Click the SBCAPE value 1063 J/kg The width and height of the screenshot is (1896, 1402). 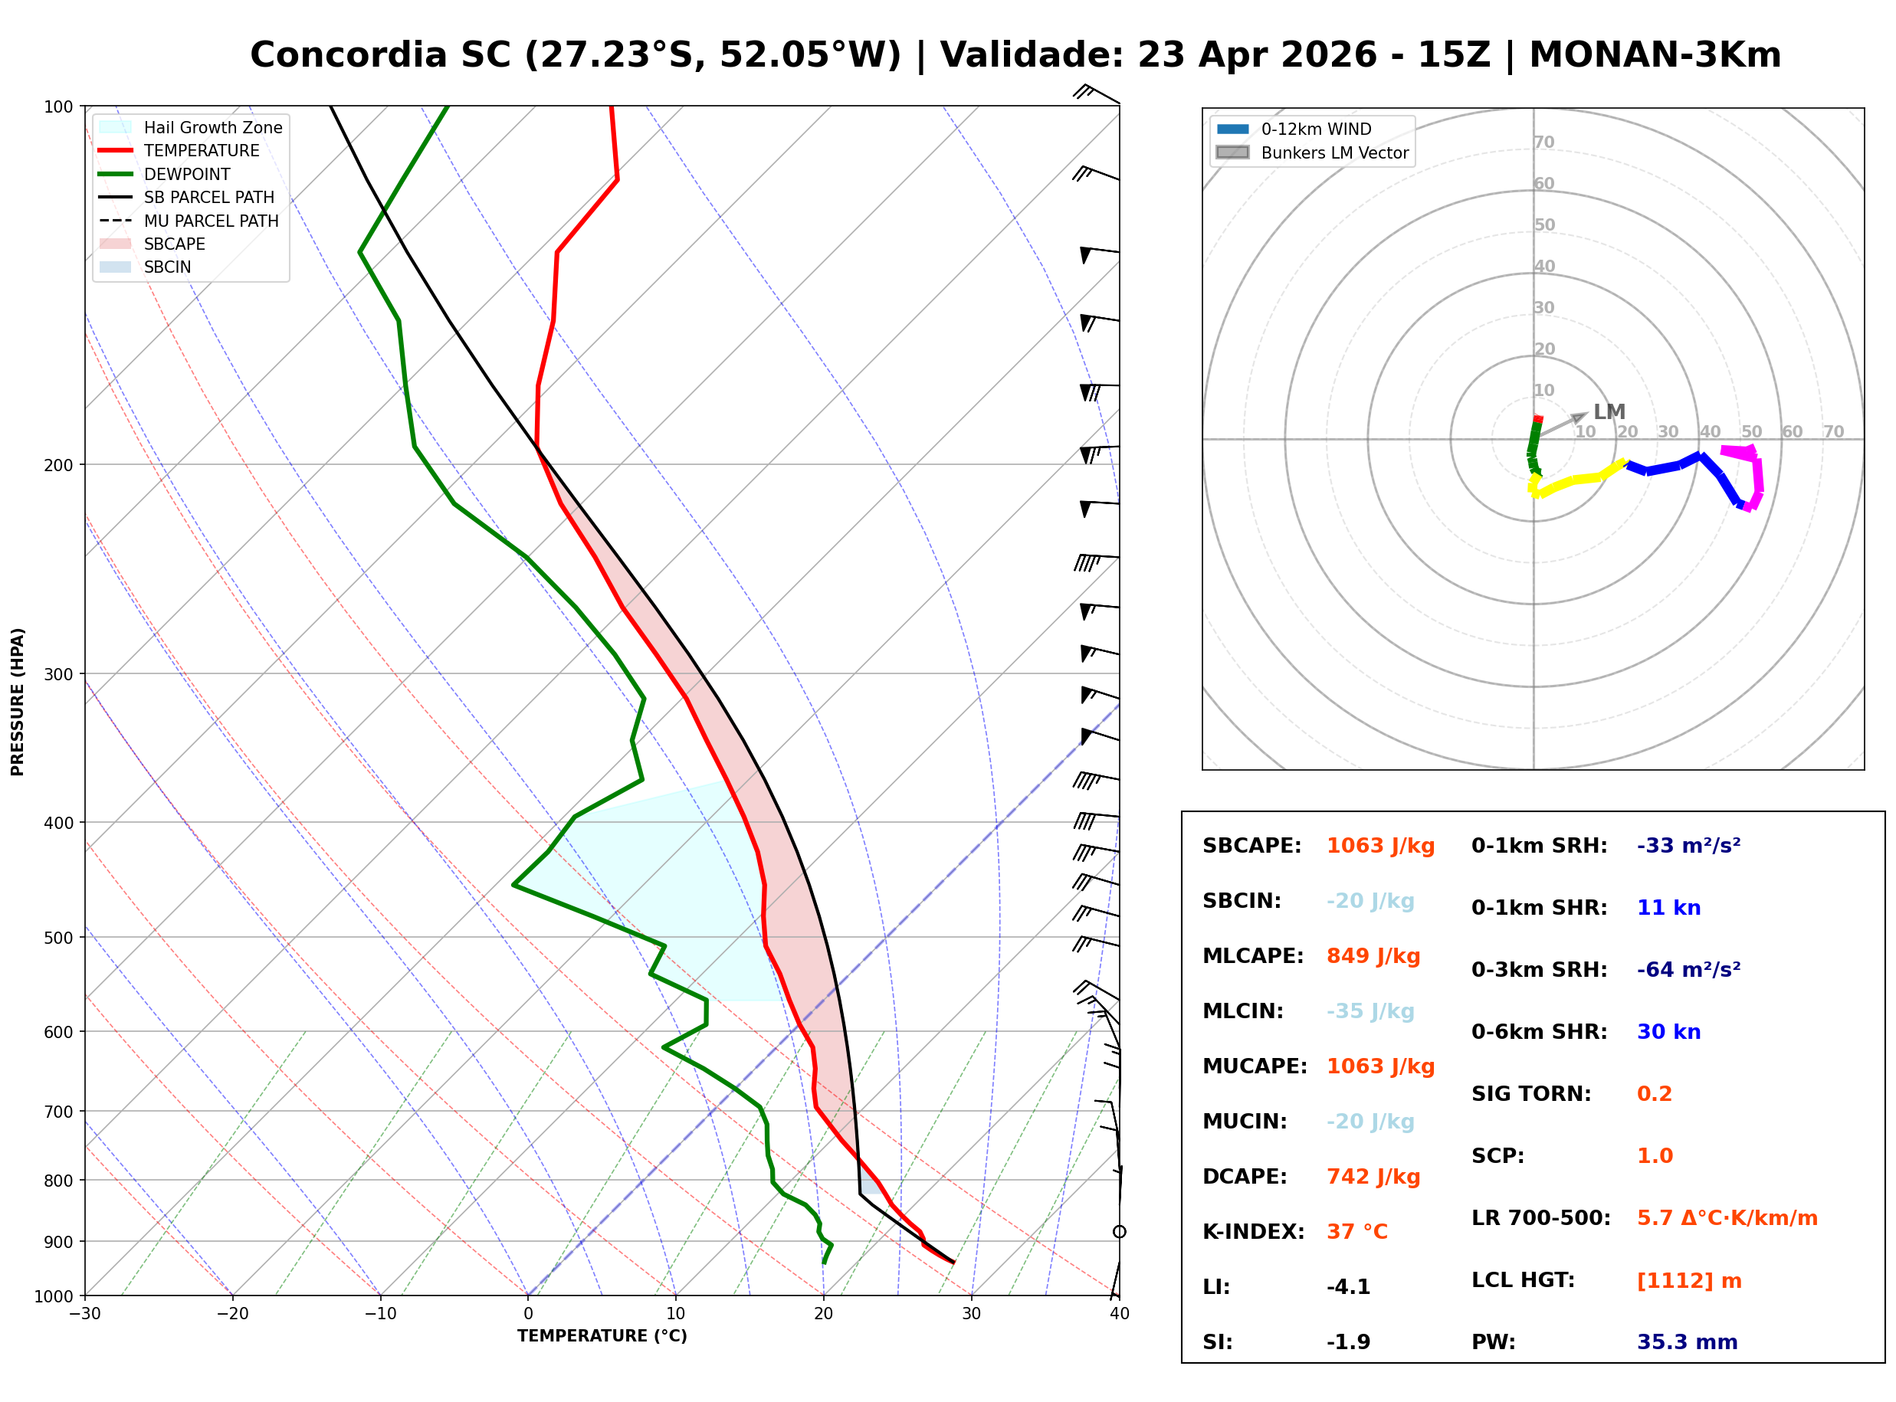click(1380, 846)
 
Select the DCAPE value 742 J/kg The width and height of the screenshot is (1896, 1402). click(1373, 1177)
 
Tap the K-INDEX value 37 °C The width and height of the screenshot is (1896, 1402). click(1357, 1232)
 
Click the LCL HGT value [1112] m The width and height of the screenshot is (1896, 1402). click(1689, 1281)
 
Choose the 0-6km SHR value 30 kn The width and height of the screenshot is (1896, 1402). click(1668, 1032)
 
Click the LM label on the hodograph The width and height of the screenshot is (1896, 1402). click(1609, 412)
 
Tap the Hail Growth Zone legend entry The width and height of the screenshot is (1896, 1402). click(212, 127)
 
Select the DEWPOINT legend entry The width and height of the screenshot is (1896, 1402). click(187, 174)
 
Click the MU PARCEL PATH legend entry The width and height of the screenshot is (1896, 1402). click(211, 221)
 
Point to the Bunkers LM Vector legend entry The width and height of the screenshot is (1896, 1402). click(1334, 152)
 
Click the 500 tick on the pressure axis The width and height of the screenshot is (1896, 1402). click(57, 938)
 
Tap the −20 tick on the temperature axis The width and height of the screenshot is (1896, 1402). click(231, 1314)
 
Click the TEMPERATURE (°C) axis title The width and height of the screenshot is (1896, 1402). click(602, 1336)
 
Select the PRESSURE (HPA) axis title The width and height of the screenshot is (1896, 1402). click(18, 702)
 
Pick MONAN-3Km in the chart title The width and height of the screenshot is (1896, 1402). click(1654, 55)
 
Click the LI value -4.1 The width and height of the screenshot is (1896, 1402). click(1348, 1287)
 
